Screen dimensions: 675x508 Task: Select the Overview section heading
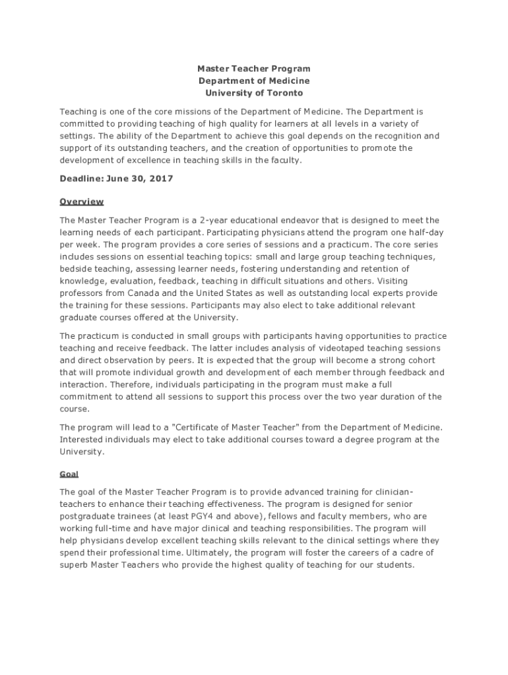[x=82, y=201]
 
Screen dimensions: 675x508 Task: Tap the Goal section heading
[x=69, y=474]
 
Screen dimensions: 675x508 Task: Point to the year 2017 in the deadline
[x=162, y=179]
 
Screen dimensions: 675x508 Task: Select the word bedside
[x=76, y=269]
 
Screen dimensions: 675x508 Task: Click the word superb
[x=73, y=565]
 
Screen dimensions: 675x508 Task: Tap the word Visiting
[x=410, y=281]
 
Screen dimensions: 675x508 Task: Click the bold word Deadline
[x=80, y=179]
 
